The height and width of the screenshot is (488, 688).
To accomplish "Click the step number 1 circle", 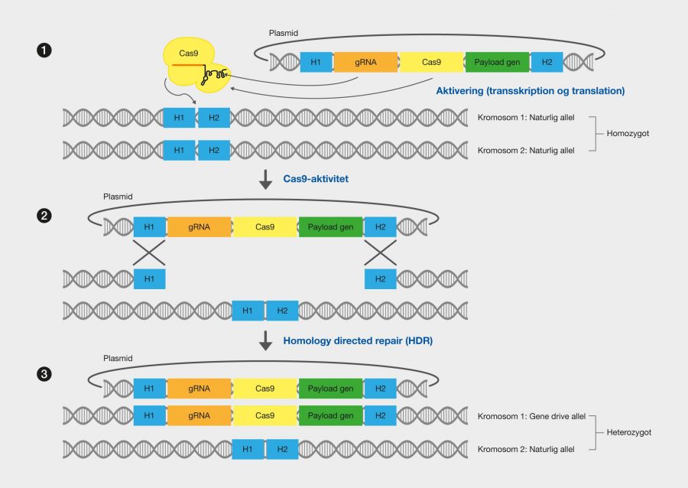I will (44, 51).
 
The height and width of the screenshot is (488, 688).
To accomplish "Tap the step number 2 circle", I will (44, 216).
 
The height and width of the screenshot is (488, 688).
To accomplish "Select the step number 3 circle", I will (44, 374).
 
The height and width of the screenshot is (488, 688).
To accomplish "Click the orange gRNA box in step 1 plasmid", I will (365, 62).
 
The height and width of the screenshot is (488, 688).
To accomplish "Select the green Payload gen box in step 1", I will (498, 62).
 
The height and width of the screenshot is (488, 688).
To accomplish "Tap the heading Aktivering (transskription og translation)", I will (530, 91).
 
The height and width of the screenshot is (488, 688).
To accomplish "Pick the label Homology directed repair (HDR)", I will (358, 341).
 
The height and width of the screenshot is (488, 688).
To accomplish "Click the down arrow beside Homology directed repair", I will (265, 341).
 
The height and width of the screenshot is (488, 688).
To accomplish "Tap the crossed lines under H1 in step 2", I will (149, 252).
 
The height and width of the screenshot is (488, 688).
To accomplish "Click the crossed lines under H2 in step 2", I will (380, 252).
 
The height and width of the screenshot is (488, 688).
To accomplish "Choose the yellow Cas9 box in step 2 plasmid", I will (264, 227).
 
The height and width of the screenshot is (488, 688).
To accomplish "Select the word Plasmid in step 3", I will (118, 358).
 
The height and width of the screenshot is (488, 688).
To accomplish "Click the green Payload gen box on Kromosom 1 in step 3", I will (330, 416).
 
